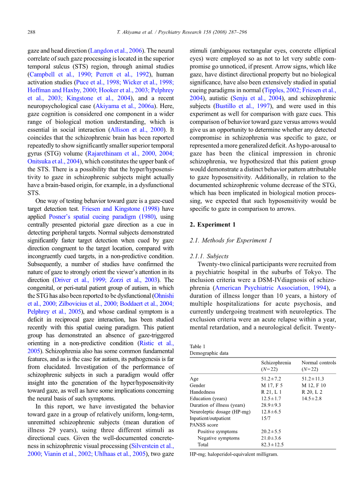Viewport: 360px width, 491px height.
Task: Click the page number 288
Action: coord(31,32)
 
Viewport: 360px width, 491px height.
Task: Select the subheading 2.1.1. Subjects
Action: coord(209,256)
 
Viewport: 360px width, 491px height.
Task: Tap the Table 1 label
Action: coord(197,346)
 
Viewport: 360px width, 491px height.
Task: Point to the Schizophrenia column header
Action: coord(276,363)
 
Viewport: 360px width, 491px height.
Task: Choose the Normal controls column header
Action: coord(318,363)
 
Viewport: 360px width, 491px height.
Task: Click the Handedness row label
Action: coord(202,392)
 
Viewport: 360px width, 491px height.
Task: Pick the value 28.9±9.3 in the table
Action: coord(271,405)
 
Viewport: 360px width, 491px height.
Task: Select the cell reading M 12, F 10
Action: coord(314,385)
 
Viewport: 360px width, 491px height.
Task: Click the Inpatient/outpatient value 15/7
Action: coord(266,418)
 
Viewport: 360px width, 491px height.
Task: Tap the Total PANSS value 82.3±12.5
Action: coord(272,445)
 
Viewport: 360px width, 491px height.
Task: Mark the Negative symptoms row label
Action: coord(218,438)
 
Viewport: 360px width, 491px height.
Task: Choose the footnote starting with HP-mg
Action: coord(233,454)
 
